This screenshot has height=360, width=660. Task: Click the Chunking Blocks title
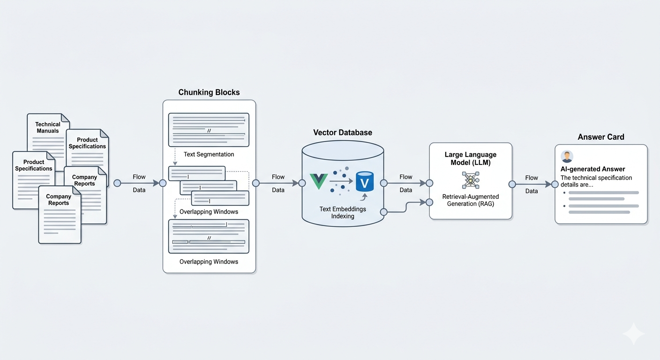tap(209, 92)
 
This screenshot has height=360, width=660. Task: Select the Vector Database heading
tap(343, 133)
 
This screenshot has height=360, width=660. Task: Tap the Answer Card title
tap(601, 137)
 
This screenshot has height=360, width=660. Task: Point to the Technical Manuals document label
tap(48, 127)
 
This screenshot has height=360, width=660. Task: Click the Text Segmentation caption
tap(209, 154)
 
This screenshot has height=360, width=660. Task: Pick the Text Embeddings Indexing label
tap(343, 212)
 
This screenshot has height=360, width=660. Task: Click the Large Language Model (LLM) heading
tap(471, 158)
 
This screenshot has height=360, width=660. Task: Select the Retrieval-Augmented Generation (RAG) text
tap(471, 200)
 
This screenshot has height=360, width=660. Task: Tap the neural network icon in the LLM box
tap(471, 180)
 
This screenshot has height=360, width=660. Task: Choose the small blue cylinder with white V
tap(365, 181)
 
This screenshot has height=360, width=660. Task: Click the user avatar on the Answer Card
tap(567, 157)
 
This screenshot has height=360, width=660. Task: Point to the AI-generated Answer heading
tap(593, 169)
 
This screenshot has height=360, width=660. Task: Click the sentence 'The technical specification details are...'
tap(596, 181)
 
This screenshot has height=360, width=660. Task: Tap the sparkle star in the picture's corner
tap(633, 334)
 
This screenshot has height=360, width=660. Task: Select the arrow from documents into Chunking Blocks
tap(140, 183)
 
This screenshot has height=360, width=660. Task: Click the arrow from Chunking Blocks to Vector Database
tap(277, 183)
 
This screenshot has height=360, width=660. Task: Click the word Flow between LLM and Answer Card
tap(532, 178)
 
